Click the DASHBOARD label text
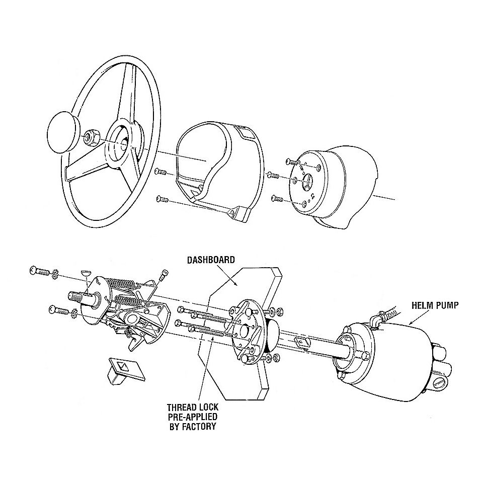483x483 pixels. [x=211, y=260]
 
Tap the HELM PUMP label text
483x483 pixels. [x=435, y=305]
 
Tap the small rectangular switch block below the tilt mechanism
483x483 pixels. [x=126, y=371]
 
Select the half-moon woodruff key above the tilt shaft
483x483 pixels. [x=86, y=273]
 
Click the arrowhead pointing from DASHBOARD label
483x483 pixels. [x=236, y=285]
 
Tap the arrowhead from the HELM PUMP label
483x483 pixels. [x=410, y=323]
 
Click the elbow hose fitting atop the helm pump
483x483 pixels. [x=375, y=319]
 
